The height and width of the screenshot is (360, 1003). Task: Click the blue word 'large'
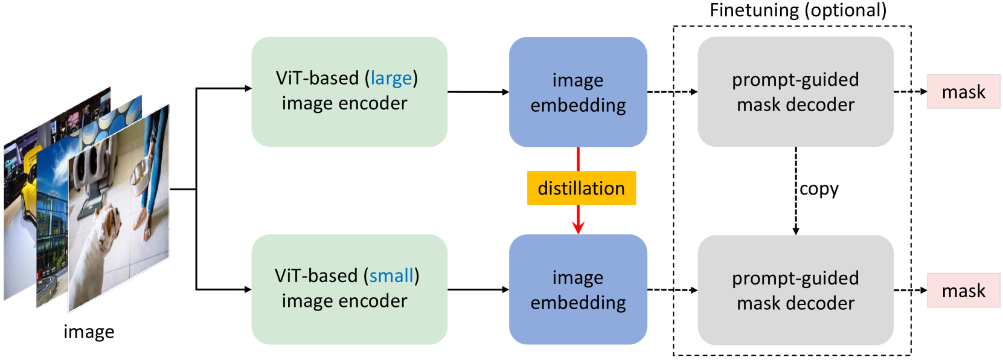391,79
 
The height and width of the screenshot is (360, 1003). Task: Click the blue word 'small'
391,276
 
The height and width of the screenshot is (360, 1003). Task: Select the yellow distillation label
581,188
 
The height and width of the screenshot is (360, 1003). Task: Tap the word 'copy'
819,189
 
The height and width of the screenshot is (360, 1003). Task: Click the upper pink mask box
963,92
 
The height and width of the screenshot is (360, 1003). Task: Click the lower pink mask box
963,291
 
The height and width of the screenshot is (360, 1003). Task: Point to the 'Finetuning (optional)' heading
798,10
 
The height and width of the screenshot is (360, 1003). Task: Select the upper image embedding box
578,92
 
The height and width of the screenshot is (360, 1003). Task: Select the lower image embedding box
578,289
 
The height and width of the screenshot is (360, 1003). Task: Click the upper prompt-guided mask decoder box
795,92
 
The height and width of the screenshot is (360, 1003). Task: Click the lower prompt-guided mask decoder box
795,290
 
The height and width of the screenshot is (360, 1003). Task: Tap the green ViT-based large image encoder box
349,92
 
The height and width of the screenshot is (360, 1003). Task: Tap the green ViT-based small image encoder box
349,289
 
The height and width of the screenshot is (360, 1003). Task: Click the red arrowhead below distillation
578,227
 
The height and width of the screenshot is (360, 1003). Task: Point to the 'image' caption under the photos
89,332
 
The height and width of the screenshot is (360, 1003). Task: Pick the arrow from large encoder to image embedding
478,92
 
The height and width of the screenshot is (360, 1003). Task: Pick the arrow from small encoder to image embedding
478,289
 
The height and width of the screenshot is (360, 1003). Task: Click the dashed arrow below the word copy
795,217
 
